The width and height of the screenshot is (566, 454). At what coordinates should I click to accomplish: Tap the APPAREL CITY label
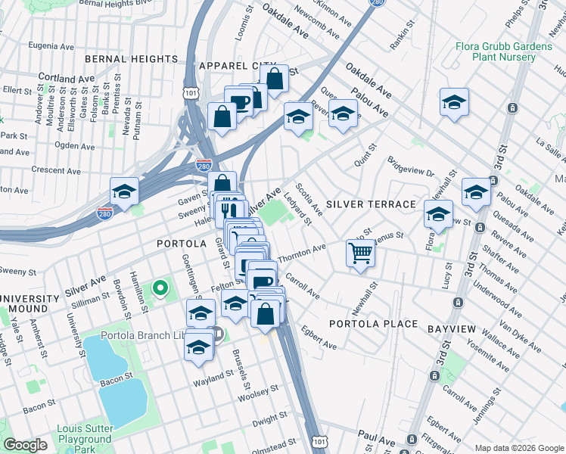pyautogui.click(x=235, y=66)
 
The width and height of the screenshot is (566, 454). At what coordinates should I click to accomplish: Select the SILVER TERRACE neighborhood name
pyautogui.click(x=371, y=205)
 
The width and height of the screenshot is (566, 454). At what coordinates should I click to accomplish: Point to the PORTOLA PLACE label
pyautogui.click(x=373, y=324)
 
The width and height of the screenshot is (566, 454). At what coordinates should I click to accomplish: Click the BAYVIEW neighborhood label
pyautogui.click(x=452, y=330)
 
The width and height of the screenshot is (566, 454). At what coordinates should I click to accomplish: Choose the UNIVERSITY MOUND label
pyautogui.click(x=30, y=303)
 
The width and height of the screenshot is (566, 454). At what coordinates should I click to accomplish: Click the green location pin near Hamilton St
pyautogui.click(x=160, y=288)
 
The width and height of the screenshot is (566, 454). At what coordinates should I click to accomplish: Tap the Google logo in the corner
pyautogui.click(x=25, y=445)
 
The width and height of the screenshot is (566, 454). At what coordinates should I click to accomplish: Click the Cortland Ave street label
pyautogui.click(x=66, y=79)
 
